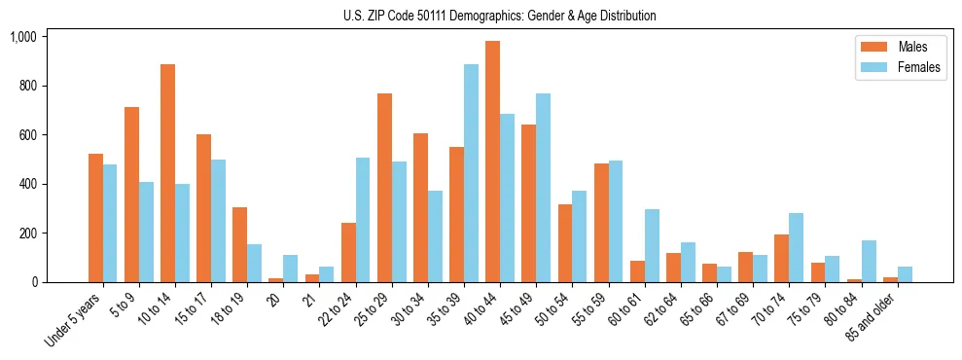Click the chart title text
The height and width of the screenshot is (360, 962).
coord(499,16)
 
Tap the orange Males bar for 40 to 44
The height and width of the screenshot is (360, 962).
coord(492,162)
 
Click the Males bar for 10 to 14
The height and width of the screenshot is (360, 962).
coord(167,173)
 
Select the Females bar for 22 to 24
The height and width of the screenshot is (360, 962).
coord(363,220)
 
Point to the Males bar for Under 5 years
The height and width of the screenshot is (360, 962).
coord(95,218)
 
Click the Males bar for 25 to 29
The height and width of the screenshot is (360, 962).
coord(384,188)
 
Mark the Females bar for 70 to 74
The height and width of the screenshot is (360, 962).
coord(796,248)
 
